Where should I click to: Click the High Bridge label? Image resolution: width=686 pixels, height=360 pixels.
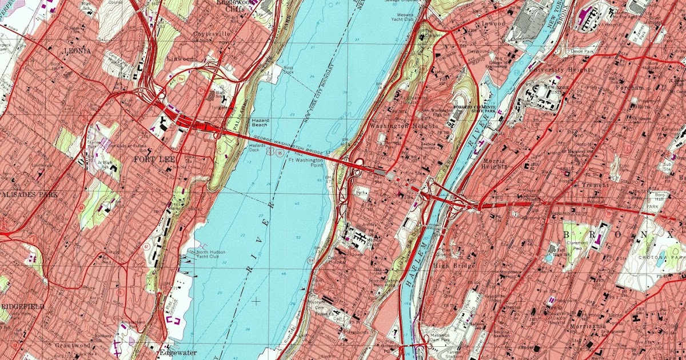coord(449,265)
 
